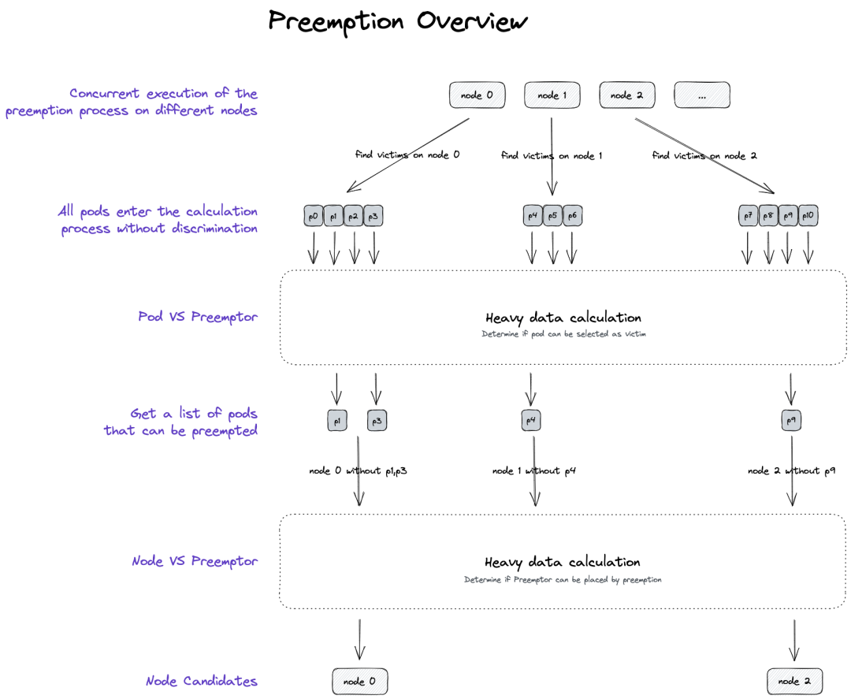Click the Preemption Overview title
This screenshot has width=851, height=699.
[398, 21]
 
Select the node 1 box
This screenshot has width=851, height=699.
[552, 95]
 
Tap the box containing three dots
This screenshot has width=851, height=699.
[701, 95]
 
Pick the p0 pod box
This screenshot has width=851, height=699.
[314, 216]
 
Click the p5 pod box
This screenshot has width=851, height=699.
[552, 216]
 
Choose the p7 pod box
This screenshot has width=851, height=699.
[748, 216]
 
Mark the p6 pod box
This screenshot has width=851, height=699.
[573, 216]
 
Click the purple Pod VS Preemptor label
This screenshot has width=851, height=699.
[198, 317]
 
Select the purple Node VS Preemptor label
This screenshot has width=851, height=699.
[195, 561]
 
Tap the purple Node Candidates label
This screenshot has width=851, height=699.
[202, 681]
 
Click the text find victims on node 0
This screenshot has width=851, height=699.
[407, 155]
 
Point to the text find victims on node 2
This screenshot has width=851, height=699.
[704, 155]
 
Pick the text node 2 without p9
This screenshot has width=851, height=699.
[790, 471]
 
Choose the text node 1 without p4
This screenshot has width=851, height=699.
[534, 471]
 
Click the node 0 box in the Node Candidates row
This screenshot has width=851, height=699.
[360, 681]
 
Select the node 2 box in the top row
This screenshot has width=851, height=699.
[627, 95]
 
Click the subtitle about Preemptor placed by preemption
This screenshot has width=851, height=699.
[563, 579]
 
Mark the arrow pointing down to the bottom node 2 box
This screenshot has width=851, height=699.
[793, 640]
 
